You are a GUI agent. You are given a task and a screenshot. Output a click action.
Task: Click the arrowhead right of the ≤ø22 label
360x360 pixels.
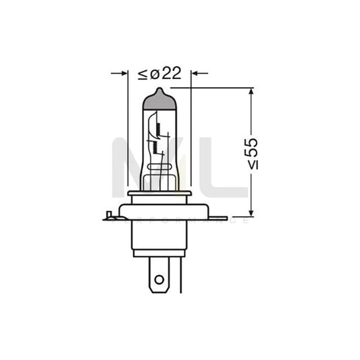[196, 72]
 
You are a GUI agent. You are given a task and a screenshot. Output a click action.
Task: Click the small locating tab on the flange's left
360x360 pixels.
[108, 216]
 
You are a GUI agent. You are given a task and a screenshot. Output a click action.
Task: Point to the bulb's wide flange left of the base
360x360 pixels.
[120, 211]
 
